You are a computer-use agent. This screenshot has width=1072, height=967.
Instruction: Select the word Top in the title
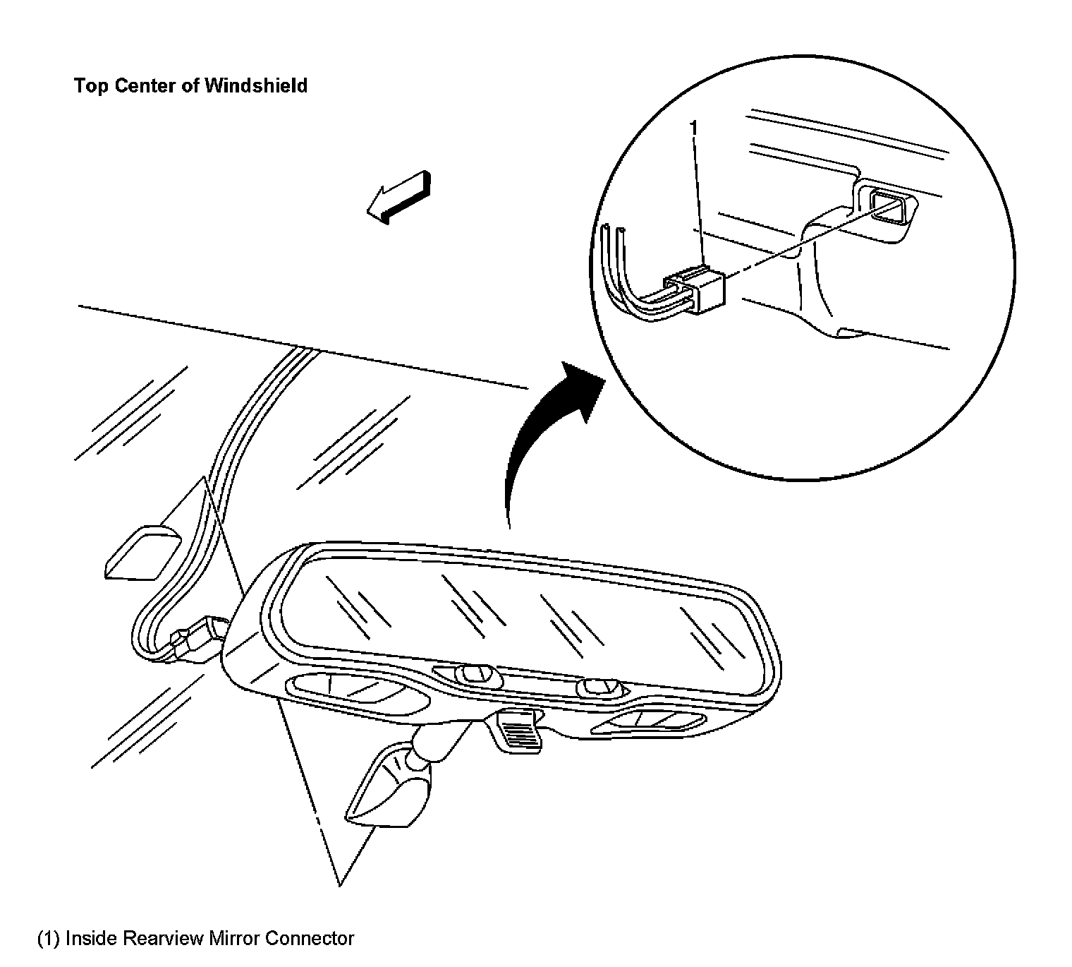(89, 86)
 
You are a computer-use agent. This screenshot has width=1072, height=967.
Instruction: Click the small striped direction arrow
(398, 197)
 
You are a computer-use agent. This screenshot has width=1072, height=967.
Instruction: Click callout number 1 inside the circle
(694, 128)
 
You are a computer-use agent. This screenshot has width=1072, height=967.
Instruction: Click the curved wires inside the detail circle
(624, 282)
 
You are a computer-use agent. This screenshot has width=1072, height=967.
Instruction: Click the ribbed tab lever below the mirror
(518, 731)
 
